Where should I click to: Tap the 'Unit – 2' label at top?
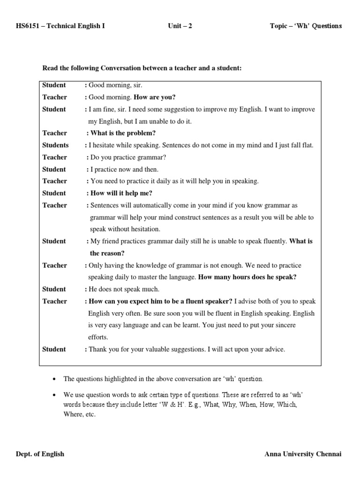pos(180,26)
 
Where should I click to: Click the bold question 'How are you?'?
pos(155,97)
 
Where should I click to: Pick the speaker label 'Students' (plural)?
pos(55,145)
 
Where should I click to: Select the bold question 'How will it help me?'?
pos(121,193)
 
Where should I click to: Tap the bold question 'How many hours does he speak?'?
pos(247,277)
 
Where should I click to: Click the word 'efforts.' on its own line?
pos(98,337)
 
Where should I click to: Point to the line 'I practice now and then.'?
pos(124,170)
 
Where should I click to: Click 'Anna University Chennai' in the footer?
pos(303,454)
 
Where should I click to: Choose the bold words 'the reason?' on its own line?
pos(107,253)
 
